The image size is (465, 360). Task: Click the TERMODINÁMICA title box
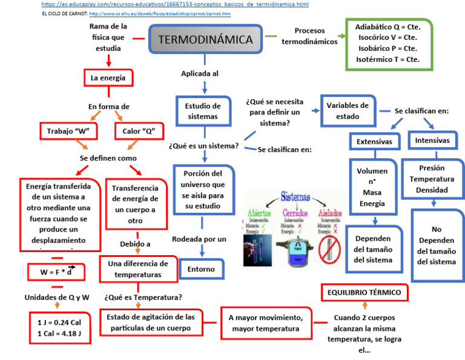click(205, 40)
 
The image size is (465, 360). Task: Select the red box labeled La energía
click(108, 78)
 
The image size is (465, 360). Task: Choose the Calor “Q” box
click(139, 131)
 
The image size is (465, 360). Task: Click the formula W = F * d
click(56, 272)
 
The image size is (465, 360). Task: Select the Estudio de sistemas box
click(203, 111)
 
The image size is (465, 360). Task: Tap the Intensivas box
click(432, 141)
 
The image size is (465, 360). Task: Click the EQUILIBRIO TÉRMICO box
click(364, 293)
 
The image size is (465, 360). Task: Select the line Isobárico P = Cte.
click(387, 48)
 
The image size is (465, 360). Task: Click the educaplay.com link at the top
click(175, 4)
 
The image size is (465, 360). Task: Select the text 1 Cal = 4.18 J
click(59, 333)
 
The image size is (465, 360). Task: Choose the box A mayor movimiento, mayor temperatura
click(265, 323)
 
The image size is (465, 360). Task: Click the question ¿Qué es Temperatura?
click(143, 297)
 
